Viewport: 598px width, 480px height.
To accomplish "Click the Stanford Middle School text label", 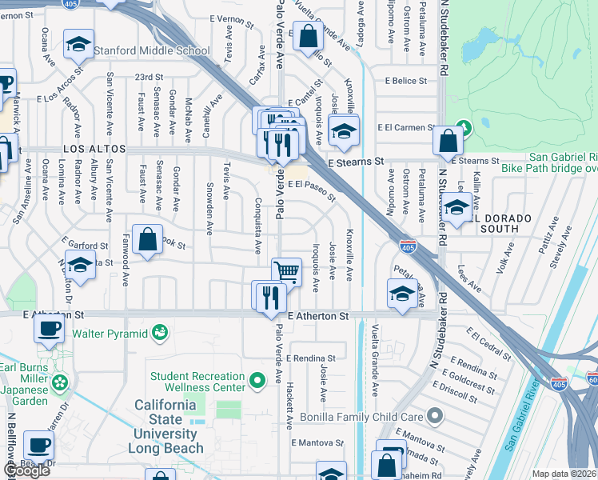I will pyautogui.click(x=152, y=51).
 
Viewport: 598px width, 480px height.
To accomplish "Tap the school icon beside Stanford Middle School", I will pyautogui.click(x=78, y=45).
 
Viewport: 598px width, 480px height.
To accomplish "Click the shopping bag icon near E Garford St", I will pyautogui.click(x=147, y=239).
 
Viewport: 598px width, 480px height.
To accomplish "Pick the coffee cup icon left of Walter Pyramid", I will pyautogui.click(x=49, y=328).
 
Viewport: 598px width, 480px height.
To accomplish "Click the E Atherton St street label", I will pyautogui.click(x=318, y=317).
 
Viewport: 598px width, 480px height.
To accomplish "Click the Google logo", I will pyautogui.click(x=26, y=470).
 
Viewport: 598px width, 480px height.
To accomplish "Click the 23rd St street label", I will pyautogui.click(x=149, y=77).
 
